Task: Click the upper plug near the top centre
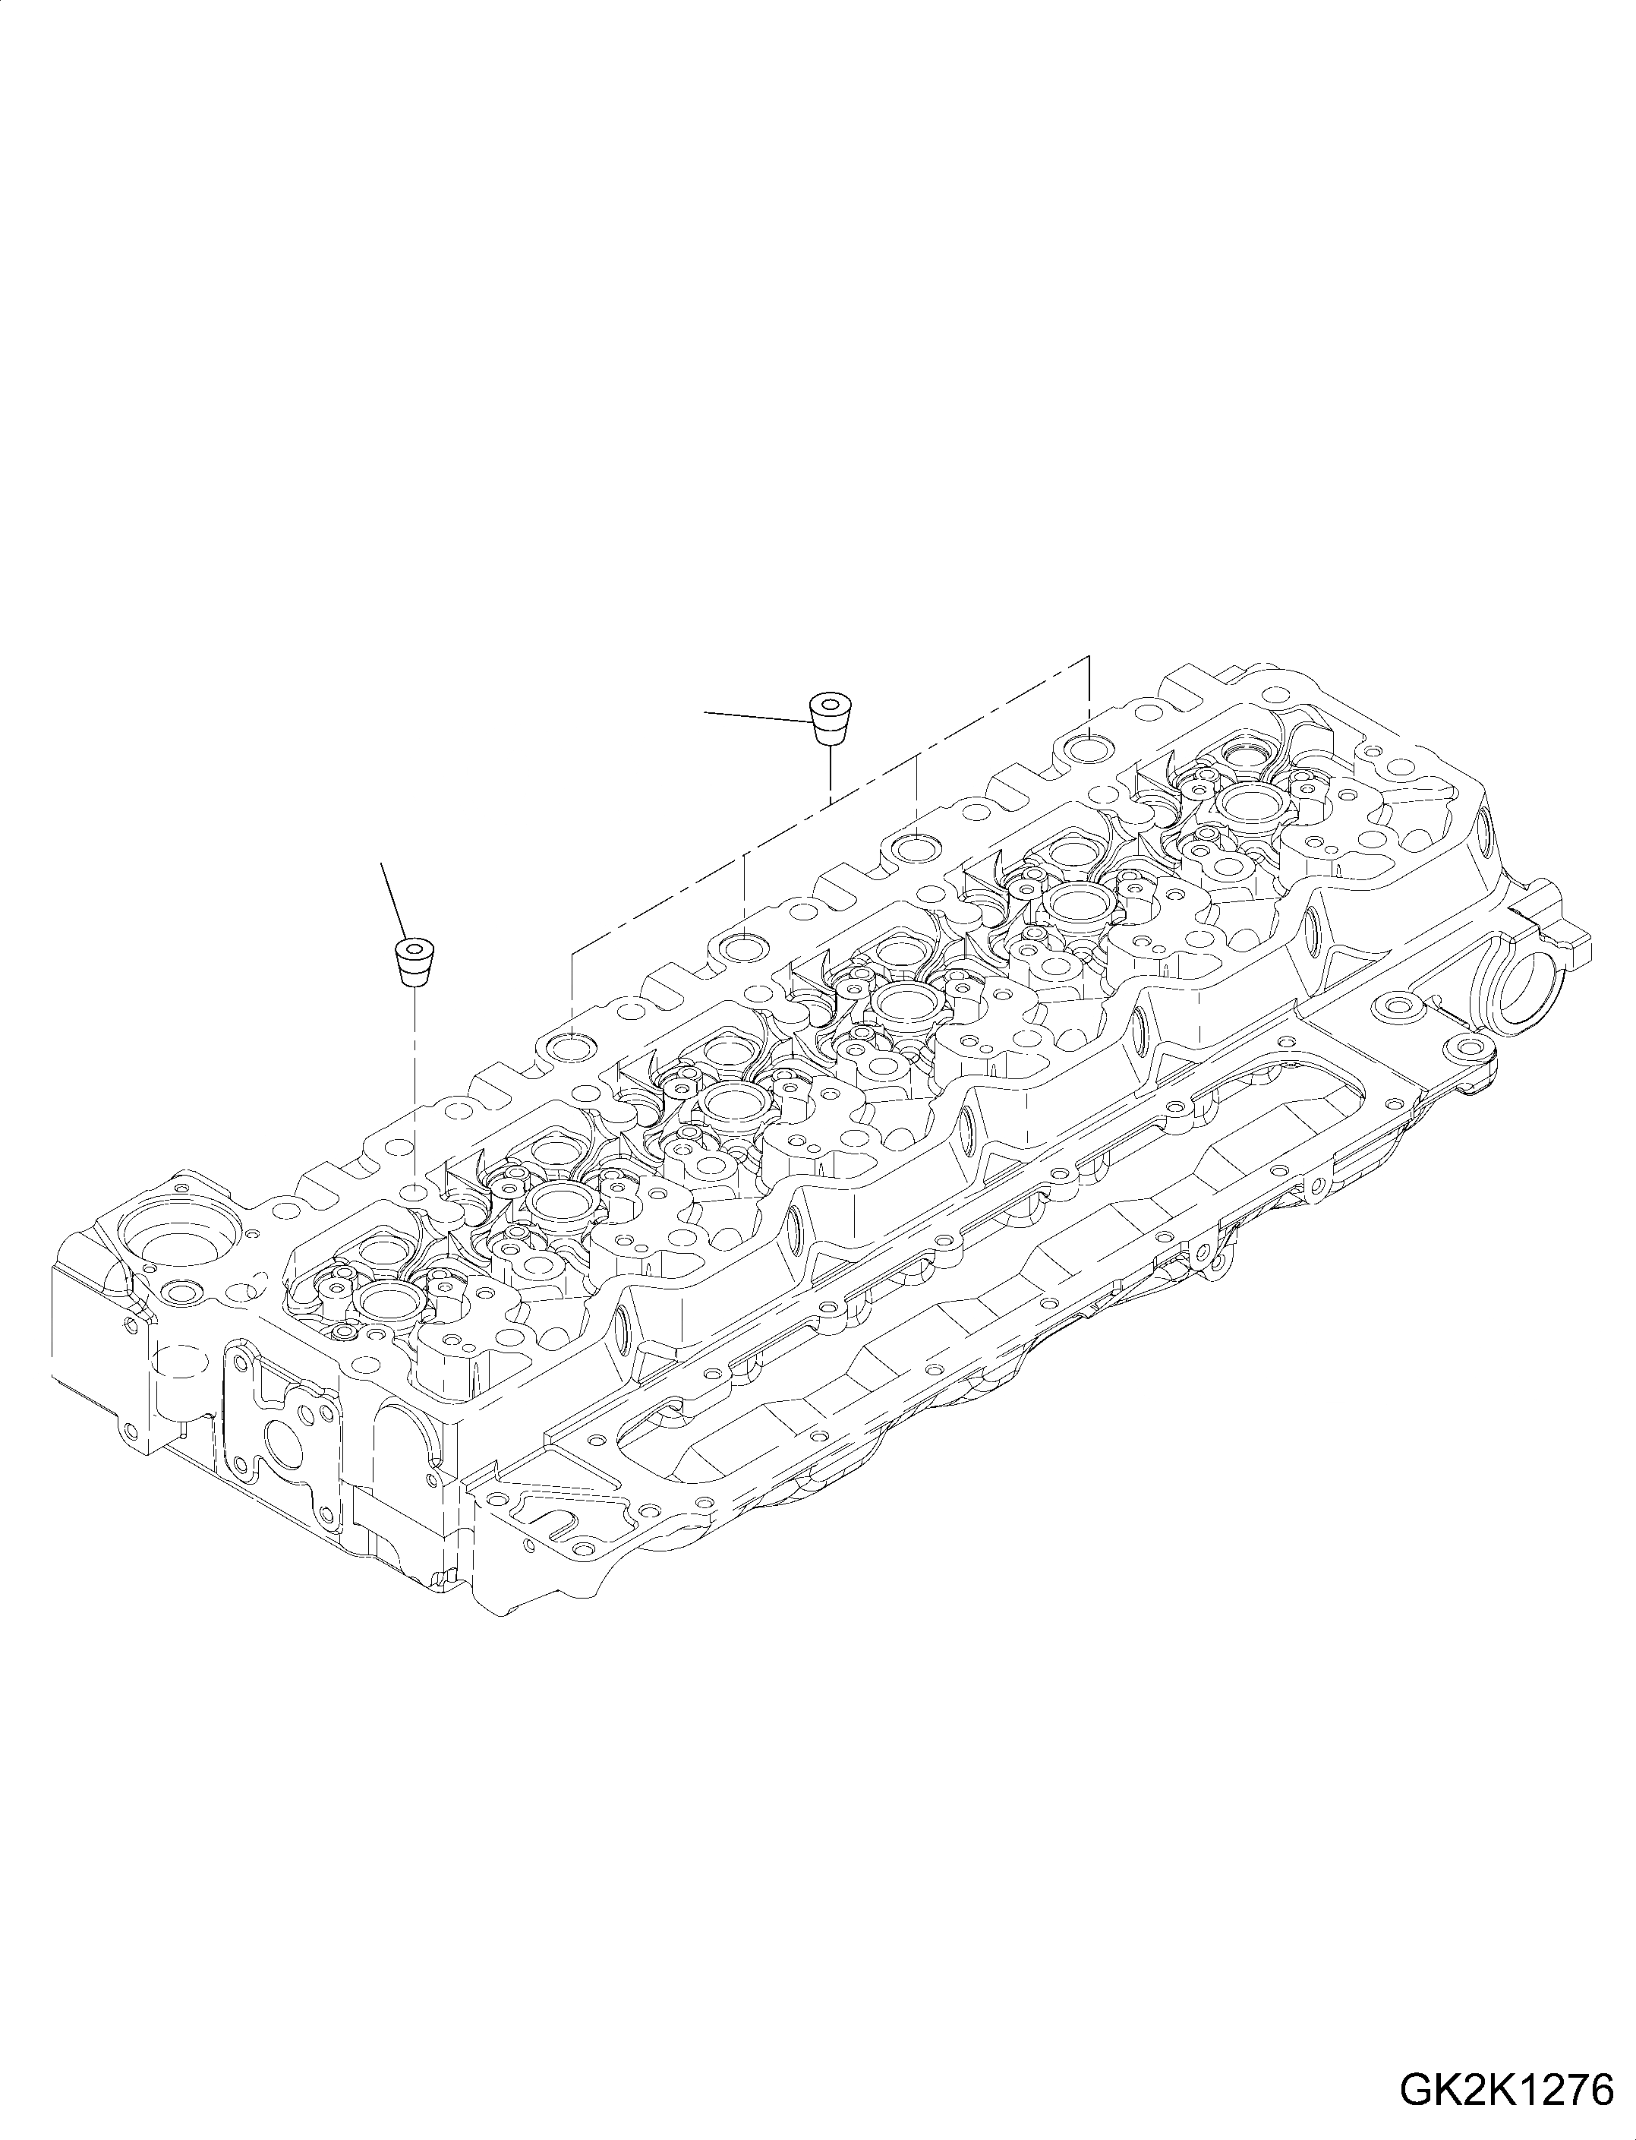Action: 830,718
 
